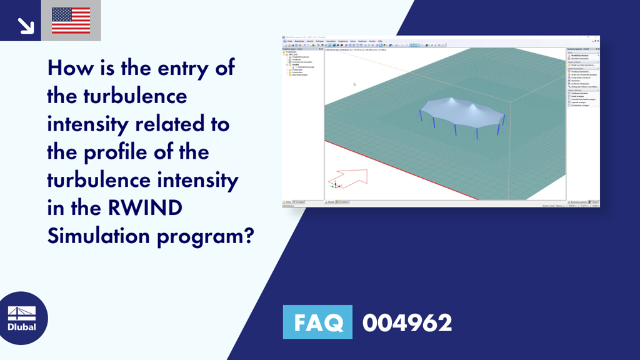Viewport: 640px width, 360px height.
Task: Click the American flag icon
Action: (x=71, y=20)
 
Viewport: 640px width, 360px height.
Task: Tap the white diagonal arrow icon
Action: (x=25, y=24)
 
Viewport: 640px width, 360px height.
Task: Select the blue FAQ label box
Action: (x=317, y=322)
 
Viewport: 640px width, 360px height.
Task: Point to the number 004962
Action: (x=407, y=322)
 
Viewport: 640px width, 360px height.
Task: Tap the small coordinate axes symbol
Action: (x=336, y=184)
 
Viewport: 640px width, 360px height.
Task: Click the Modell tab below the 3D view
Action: (x=330, y=202)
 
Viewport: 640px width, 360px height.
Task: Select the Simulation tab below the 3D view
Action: (x=342, y=202)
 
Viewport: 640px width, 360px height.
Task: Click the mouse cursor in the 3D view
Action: (x=354, y=84)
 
